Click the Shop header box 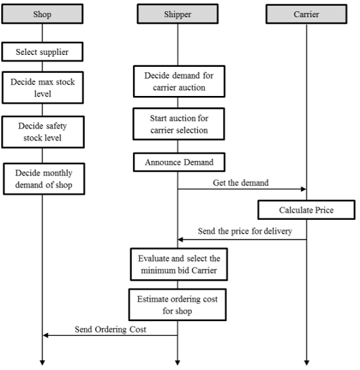[42, 14]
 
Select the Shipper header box [177, 14]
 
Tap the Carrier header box [306, 14]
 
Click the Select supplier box [42, 52]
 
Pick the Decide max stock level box [43, 87]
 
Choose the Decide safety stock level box [43, 132]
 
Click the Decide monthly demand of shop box [44, 179]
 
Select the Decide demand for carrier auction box [179, 81]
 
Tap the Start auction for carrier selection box [179, 124]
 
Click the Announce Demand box [179, 162]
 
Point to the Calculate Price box [306, 210]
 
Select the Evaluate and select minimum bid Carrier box [179, 264]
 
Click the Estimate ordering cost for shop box [177, 304]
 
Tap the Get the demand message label [241, 183]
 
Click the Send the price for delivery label [245, 231]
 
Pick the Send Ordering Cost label [111, 330]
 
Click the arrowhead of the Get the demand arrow [304, 189]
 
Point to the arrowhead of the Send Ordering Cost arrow [46, 336]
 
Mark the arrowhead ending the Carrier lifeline [306, 363]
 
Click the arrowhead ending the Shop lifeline [42, 363]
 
